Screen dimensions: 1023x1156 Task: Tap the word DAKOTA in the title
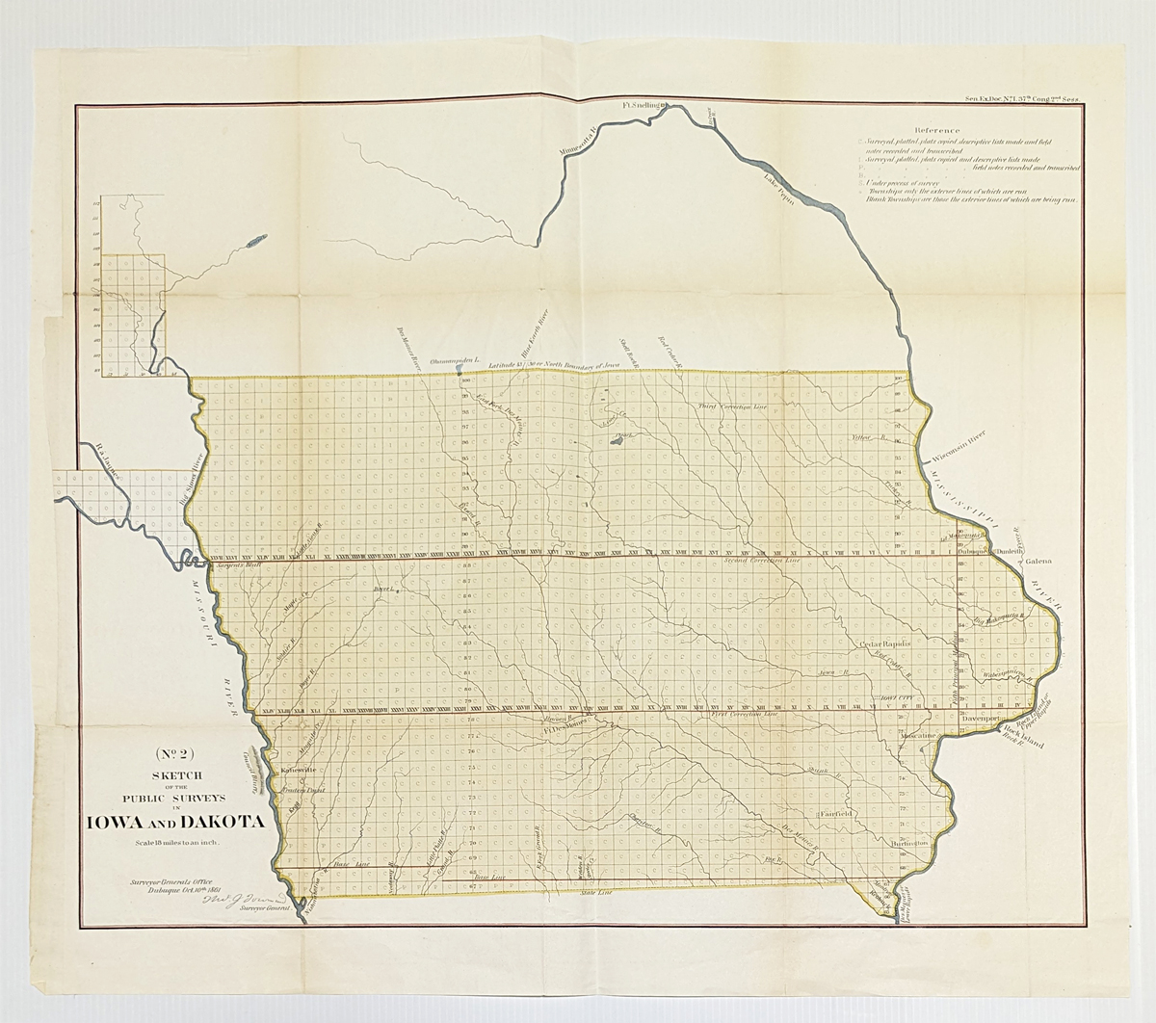tap(223, 822)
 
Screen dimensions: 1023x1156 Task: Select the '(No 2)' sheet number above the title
tap(173, 755)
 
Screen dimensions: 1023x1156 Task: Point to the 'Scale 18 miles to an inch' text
tap(173, 844)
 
